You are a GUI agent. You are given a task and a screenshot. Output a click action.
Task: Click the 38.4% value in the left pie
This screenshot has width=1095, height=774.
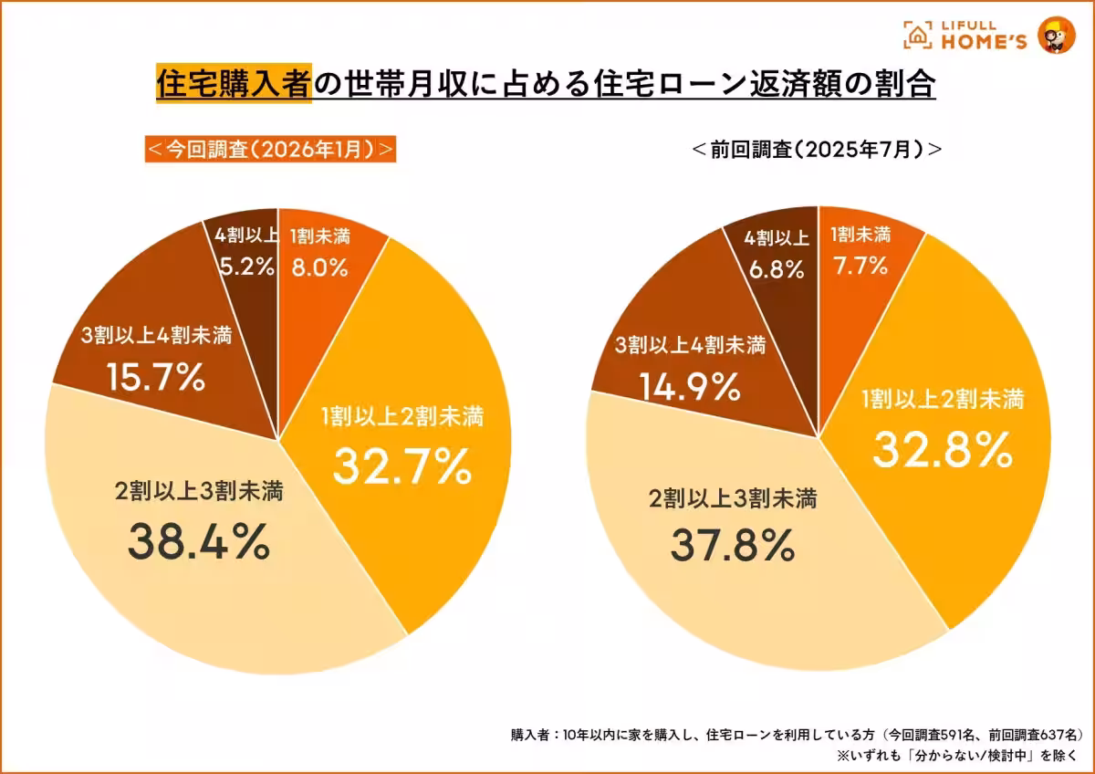pos(198,541)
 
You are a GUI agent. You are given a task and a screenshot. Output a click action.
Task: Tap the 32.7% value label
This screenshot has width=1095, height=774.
pos(401,466)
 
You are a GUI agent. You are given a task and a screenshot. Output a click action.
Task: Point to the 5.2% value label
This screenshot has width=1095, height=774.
pos(246,267)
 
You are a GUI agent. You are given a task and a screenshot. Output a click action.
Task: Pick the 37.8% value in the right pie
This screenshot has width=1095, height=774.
pos(733,545)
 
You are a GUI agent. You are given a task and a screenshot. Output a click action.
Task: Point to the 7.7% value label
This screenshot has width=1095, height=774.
pos(860,266)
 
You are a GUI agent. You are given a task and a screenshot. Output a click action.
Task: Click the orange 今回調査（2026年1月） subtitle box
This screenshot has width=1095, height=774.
pos(270,150)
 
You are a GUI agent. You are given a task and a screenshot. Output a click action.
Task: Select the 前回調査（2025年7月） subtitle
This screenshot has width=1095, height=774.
pos(817,150)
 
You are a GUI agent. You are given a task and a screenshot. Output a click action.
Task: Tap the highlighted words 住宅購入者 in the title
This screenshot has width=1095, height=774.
pos(233,84)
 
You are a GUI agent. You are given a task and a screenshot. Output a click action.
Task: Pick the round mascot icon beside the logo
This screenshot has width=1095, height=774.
pos(1057,36)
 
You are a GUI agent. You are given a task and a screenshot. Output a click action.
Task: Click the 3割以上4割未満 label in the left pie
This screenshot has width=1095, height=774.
pos(154,335)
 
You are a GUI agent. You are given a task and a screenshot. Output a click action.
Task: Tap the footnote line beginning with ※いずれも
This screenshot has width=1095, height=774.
pos(958,756)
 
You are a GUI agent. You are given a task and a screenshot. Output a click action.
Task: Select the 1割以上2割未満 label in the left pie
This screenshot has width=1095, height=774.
pos(402,417)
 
